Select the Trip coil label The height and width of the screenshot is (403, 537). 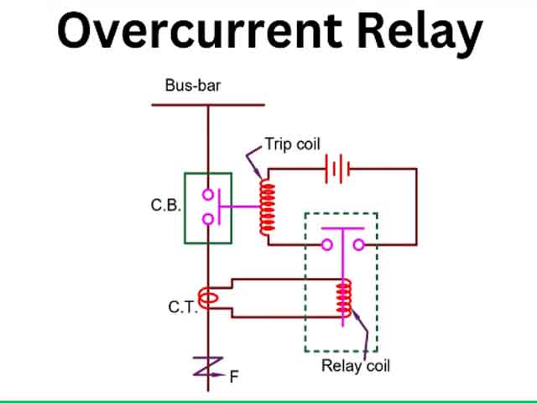(292, 144)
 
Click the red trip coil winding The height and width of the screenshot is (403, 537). (268, 207)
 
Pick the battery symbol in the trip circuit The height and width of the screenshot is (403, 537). (338, 169)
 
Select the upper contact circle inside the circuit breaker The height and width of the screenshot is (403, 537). (207, 195)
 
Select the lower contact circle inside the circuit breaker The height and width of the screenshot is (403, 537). (207, 220)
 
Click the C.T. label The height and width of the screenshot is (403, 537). (182, 307)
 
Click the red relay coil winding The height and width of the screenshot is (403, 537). (342, 298)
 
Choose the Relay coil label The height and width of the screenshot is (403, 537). (356, 366)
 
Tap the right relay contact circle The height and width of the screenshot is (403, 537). (357, 245)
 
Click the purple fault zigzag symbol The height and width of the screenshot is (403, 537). (207, 366)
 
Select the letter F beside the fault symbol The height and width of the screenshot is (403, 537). (234, 377)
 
